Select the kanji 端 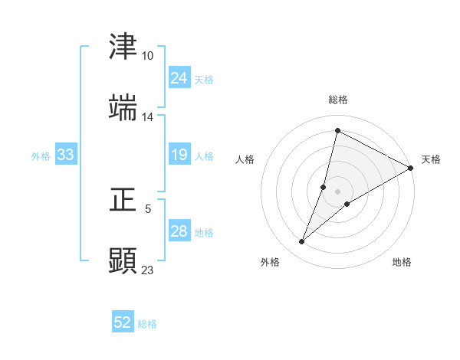[123, 108]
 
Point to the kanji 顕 [123, 260]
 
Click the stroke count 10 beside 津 [147, 56]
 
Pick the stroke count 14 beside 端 [147, 117]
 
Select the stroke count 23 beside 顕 [147, 270]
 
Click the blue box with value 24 [179, 78]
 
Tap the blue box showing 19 [179, 155]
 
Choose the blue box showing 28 [179, 231]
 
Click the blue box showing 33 [65, 155]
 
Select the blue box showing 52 [123, 322]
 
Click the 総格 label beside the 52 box [147, 324]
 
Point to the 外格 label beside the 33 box [41, 156]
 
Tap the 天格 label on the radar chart [431, 159]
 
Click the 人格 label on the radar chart [245, 159]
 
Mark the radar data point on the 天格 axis [411, 168]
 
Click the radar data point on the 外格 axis [302, 242]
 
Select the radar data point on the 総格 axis [337, 131]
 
